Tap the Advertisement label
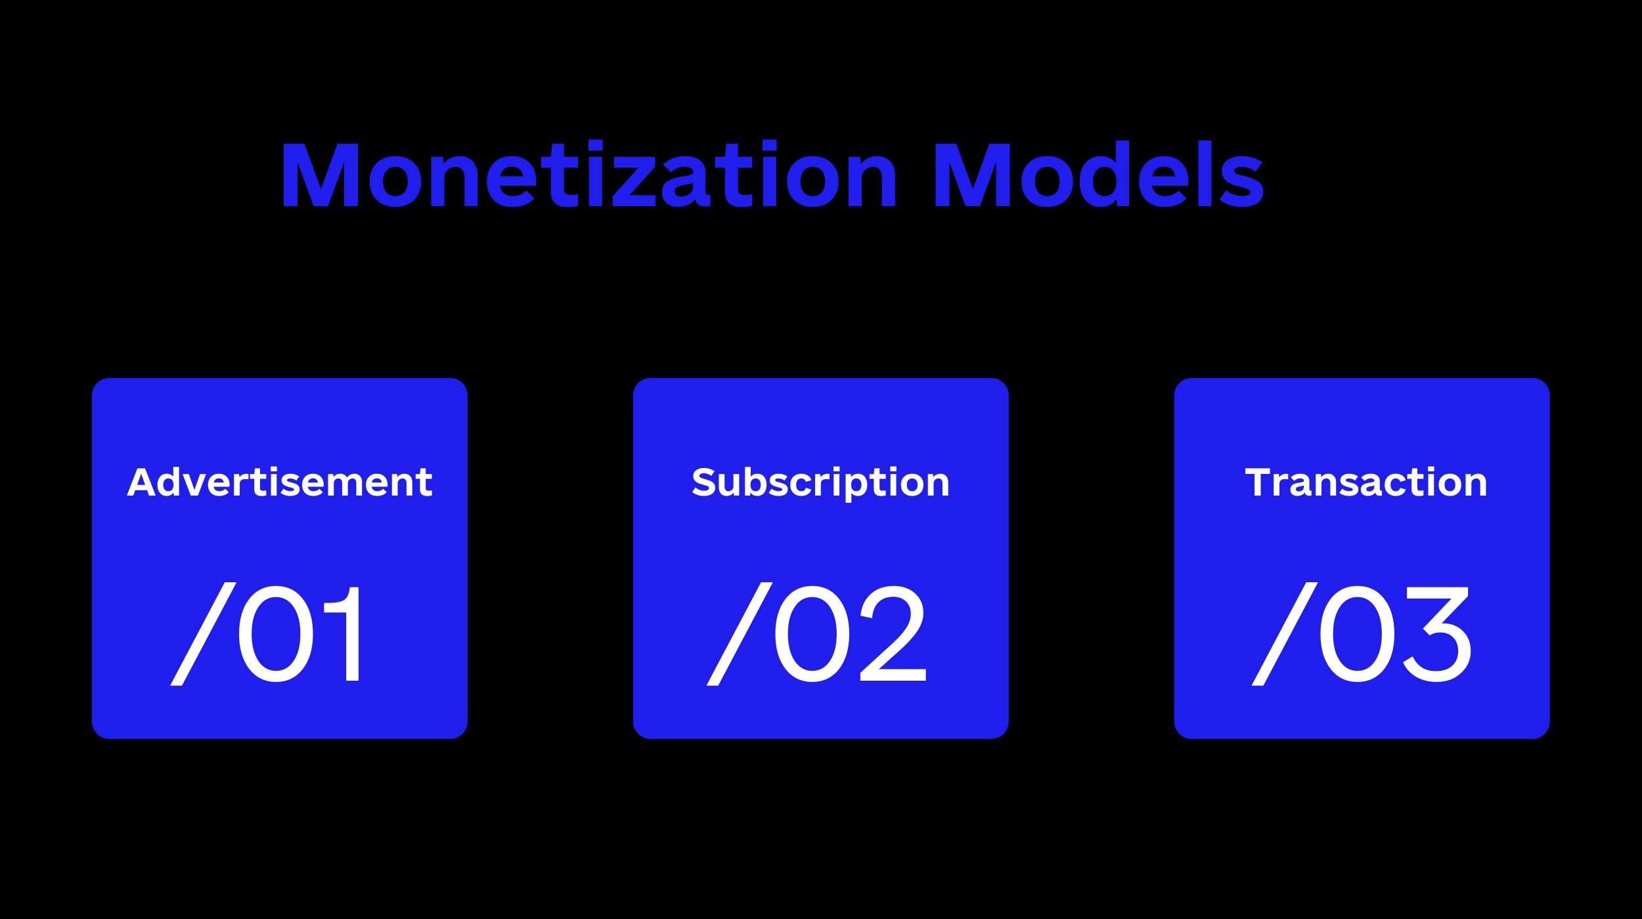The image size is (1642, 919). (280, 482)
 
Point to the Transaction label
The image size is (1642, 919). (1366, 482)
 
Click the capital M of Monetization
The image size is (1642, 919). (321, 175)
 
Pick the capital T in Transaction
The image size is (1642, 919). (1258, 482)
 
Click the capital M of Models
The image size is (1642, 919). (972, 175)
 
